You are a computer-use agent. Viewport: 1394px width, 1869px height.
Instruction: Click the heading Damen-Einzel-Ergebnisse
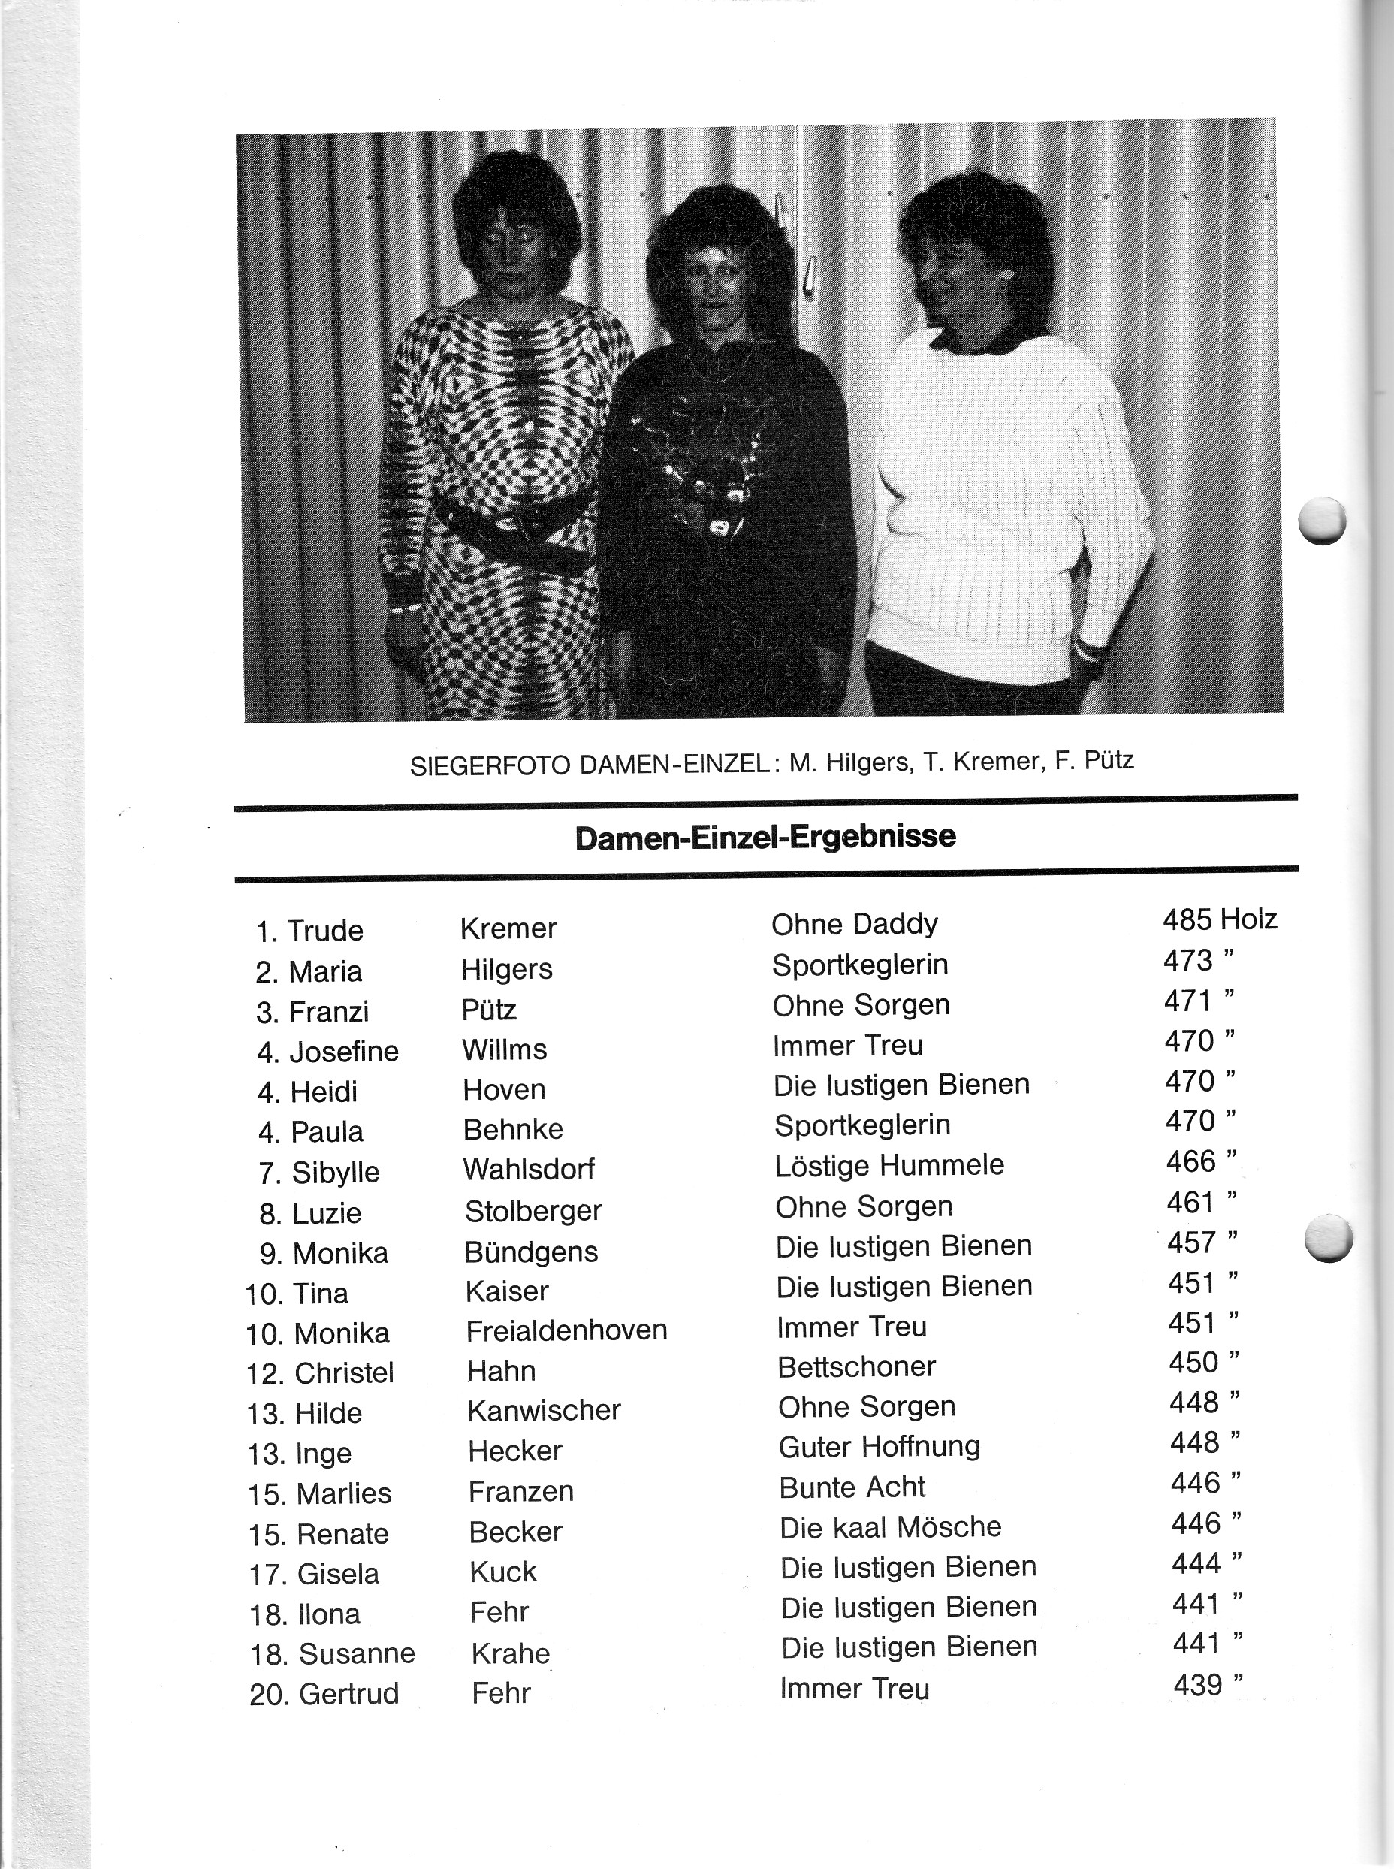[x=765, y=837]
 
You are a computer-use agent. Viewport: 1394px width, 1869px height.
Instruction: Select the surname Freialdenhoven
[x=566, y=1330]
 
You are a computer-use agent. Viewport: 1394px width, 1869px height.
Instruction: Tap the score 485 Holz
[x=1218, y=919]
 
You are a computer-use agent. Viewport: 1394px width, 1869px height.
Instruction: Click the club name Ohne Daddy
[x=854, y=924]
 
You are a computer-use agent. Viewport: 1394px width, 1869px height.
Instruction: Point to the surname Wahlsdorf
[x=529, y=1169]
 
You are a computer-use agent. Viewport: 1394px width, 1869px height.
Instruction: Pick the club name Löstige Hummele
[x=889, y=1165]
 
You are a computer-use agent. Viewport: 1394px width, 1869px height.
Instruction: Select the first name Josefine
[x=343, y=1052]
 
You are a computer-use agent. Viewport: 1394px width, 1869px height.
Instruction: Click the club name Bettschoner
[x=856, y=1367]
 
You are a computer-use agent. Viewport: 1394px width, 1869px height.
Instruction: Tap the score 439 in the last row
[x=1197, y=1685]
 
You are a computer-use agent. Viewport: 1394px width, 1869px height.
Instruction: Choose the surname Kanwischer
[x=545, y=1410]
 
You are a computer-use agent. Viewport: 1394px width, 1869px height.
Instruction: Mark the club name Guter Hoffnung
[x=880, y=1447]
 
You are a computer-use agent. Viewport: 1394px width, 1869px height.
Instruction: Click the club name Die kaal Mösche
[x=890, y=1526]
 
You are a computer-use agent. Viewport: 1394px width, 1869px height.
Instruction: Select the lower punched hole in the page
[x=1327, y=1238]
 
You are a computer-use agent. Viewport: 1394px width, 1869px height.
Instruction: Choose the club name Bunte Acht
[x=852, y=1487]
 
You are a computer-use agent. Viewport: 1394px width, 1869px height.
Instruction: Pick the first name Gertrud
[x=348, y=1693]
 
